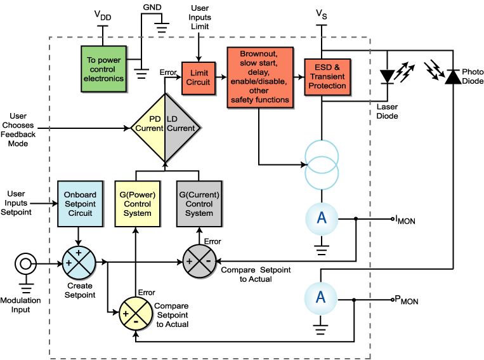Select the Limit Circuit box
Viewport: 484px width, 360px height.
click(198, 77)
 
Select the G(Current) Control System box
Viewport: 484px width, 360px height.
click(199, 204)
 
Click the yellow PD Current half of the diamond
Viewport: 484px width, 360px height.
click(148, 124)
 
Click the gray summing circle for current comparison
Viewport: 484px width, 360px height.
click(199, 260)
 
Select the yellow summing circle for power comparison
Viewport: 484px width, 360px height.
click(135, 312)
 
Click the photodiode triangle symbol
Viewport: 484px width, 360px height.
click(453, 76)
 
